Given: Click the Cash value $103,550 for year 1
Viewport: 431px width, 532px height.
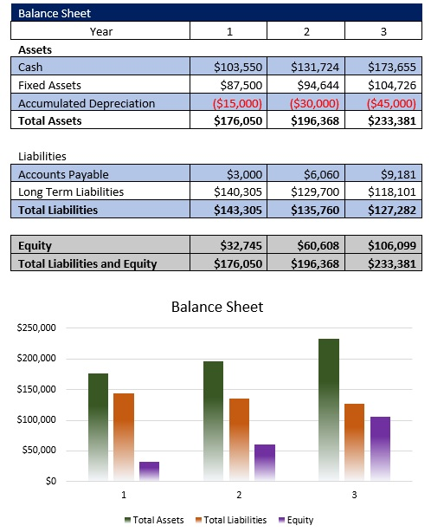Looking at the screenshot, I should click(237, 68).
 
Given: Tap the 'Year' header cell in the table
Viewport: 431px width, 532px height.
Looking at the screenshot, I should click(101, 31).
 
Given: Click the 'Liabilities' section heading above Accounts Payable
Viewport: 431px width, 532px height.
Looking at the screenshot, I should click(42, 157).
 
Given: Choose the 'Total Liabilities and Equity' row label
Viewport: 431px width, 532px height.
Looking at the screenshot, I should click(87, 263).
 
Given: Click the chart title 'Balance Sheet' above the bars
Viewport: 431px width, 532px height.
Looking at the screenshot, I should click(217, 307).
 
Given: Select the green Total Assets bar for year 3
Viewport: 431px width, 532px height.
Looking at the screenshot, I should click(328, 407).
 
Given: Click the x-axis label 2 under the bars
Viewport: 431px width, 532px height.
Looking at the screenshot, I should click(238, 495).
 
